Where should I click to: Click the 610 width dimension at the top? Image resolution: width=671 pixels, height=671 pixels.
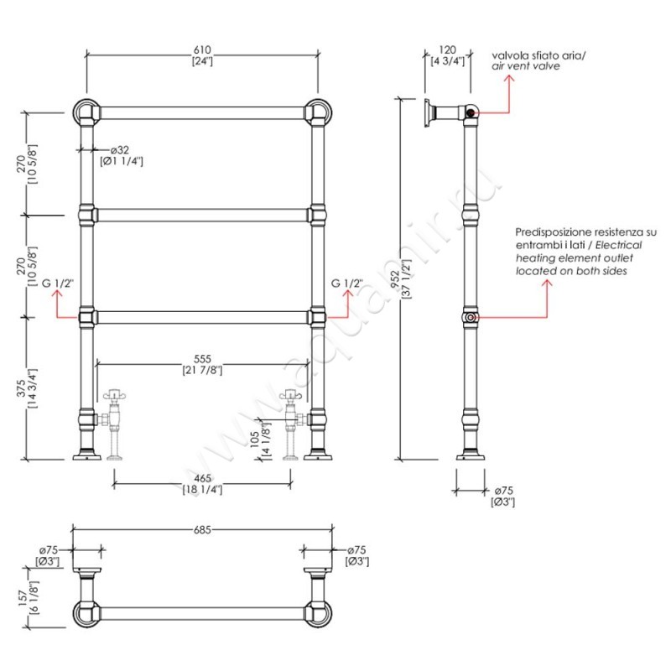(x=201, y=50)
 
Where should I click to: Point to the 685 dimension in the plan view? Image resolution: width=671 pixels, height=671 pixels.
(x=201, y=530)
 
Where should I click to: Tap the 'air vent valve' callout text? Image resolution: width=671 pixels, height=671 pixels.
(x=525, y=65)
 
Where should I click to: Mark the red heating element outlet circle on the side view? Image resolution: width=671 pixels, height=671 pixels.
(x=471, y=318)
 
